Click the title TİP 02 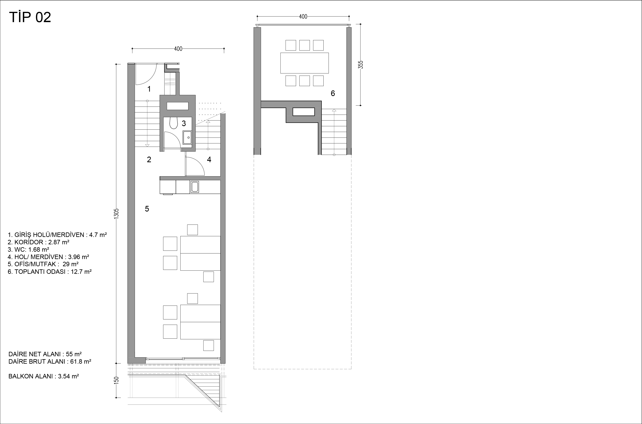(30, 17)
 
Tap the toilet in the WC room (173, 123)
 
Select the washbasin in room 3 (187, 138)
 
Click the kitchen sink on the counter (194, 187)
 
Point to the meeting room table (304, 63)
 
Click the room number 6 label (333, 93)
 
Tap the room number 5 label (147, 209)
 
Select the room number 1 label (149, 89)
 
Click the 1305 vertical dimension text (116, 214)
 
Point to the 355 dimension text (361, 65)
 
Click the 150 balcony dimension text (116, 380)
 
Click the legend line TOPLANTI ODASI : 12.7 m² (50, 272)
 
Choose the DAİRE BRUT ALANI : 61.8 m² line (50, 362)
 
